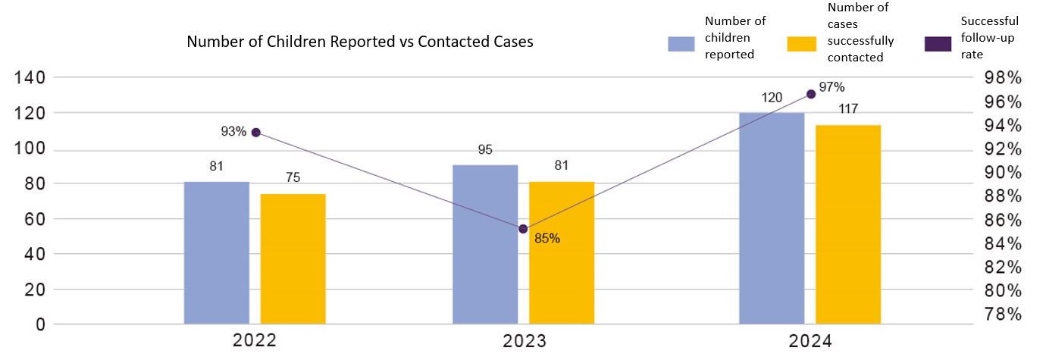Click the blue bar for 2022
(x=217, y=253)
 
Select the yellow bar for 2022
(x=293, y=259)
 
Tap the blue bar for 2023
(x=485, y=245)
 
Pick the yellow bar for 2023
(x=562, y=253)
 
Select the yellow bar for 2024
(x=848, y=224)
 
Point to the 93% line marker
(x=256, y=133)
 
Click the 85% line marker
(x=523, y=229)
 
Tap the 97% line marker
(x=811, y=94)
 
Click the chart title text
(x=360, y=42)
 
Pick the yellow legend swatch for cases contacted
(x=803, y=44)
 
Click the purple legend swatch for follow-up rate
(x=938, y=44)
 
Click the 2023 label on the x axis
(x=524, y=341)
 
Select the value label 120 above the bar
(x=772, y=98)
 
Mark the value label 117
(x=848, y=109)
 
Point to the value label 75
(x=293, y=178)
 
